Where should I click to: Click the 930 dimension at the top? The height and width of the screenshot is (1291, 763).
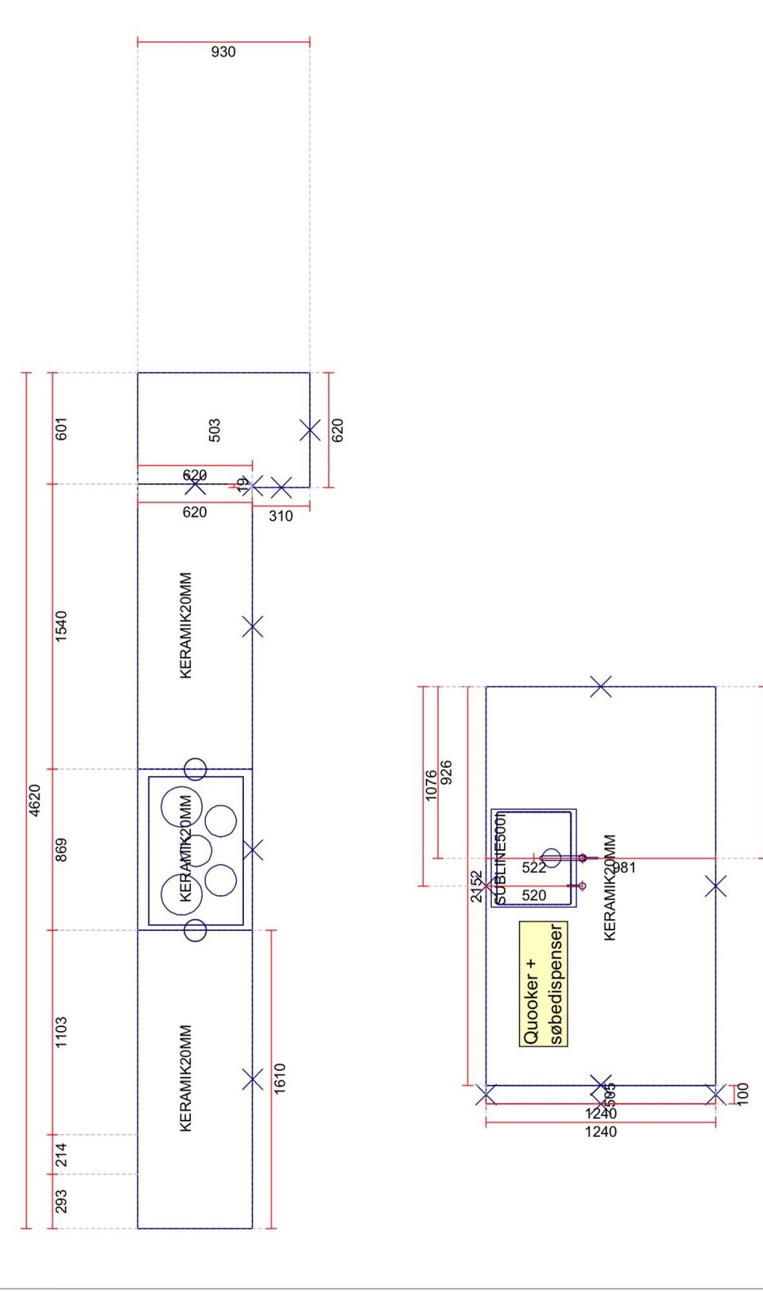click(223, 52)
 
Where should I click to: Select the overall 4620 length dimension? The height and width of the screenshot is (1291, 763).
click(35, 800)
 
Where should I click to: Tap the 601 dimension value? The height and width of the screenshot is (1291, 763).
click(61, 428)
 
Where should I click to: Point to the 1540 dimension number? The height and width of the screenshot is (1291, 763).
click(61, 626)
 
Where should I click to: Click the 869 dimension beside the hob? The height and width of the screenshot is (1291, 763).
click(61, 849)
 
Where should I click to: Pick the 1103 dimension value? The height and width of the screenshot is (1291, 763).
click(61, 1031)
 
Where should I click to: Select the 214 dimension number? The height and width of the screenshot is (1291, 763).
click(61, 1154)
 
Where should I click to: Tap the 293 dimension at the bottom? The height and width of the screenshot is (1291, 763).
click(61, 1200)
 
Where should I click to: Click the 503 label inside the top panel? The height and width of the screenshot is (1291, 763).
click(215, 430)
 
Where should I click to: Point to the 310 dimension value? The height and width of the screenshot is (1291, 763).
click(281, 516)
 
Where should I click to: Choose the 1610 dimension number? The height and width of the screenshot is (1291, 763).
click(280, 1079)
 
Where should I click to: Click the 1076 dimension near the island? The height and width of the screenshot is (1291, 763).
click(431, 785)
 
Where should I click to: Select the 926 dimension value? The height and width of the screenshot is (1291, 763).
click(446, 772)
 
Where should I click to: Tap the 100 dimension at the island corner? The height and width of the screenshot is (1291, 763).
click(743, 1093)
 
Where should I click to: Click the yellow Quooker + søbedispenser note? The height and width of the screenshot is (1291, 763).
click(544, 983)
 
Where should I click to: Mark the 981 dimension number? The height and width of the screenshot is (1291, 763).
click(625, 867)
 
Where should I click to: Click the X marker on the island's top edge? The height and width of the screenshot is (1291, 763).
click(602, 687)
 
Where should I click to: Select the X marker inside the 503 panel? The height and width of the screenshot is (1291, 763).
click(310, 430)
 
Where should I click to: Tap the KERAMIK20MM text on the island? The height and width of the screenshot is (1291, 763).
click(610, 887)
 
